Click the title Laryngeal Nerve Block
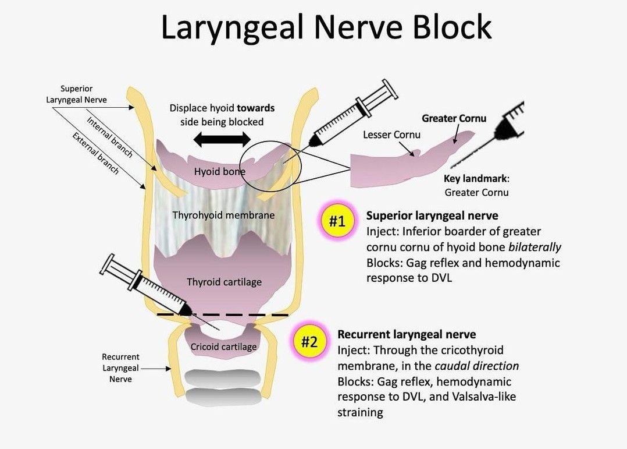click(326, 27)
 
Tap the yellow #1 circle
click(337, 222)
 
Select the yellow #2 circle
click(309, 341)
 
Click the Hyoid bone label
click(219, 171)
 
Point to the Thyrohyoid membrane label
click(223, 215)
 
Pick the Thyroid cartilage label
click(224, 282)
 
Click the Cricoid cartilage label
click(223, 347)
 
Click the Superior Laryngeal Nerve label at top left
click(76, 94)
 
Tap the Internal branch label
click(109, 137)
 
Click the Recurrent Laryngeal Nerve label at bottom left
click(120, 368)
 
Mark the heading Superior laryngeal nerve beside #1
click(432, 216)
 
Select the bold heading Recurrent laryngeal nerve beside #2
click(407, 334)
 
